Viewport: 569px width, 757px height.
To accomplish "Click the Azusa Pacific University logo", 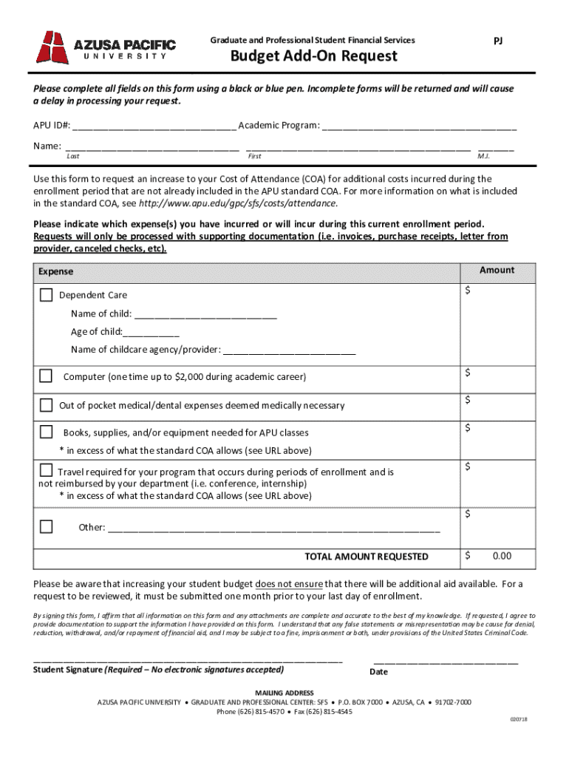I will click(106, 47).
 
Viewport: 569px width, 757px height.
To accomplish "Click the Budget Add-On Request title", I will click(313, 57).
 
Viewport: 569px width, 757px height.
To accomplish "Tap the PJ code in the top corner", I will click(498, 41).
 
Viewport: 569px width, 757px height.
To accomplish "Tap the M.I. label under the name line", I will click(484, 157).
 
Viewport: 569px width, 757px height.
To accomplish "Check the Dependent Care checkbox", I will click(46, 295).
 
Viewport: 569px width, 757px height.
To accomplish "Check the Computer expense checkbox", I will click(46, 376).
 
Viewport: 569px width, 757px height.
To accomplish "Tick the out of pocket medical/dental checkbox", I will click(46, 405).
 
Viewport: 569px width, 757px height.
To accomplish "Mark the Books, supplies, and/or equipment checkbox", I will click(46, 432).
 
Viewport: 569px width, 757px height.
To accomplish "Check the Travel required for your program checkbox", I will click(46, 471).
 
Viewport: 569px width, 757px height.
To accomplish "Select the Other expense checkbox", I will click(46, 527).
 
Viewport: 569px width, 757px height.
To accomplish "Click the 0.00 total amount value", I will click(502, 556).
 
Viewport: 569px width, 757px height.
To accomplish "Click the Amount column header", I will click(497, 271).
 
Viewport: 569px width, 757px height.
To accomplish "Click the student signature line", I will click(188, 659).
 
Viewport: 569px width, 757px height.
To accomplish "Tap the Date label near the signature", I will click(378, 672).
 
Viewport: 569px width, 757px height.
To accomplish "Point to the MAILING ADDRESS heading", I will click(284, 693).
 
